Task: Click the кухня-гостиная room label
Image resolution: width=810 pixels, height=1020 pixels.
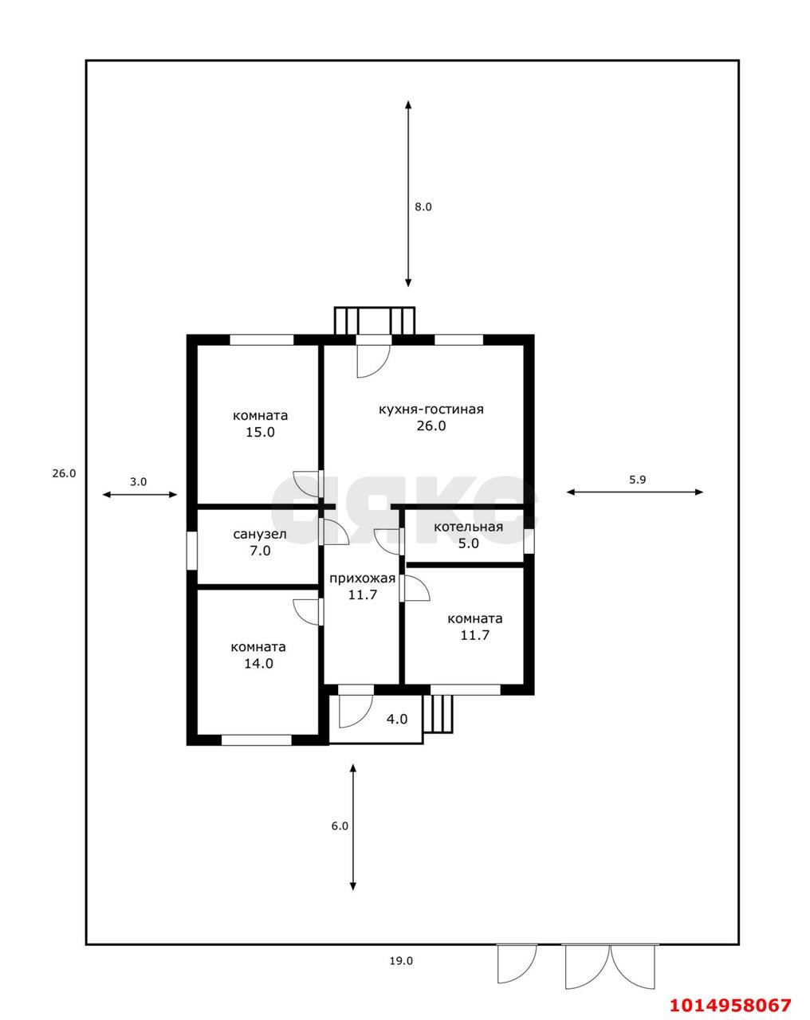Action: tap(431, 410)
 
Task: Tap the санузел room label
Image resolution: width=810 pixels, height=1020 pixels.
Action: tap(259, 534)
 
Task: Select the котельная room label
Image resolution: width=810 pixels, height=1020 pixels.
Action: tap(468, 527)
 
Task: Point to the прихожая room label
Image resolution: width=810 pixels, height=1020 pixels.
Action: tap(362, 579)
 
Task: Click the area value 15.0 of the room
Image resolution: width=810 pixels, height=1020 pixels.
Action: tap(260, 433)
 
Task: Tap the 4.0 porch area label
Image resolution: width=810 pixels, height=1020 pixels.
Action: tap(396, 719)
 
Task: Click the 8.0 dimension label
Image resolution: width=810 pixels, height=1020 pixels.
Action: tap(423, 206)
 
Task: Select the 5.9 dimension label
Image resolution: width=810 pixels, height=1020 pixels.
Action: tap(638, 480)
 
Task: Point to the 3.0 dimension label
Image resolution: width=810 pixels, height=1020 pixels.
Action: tap(138, 481)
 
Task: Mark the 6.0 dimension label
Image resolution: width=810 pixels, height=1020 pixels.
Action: tap(340, 826)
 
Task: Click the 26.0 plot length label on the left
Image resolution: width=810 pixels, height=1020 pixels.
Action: tap(64, 473)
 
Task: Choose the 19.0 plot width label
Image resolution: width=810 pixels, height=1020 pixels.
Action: tap(401, 960)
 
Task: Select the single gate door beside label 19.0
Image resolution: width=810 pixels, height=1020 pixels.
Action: tap(516, 963)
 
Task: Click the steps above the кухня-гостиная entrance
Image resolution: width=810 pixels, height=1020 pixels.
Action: tap(375, 320)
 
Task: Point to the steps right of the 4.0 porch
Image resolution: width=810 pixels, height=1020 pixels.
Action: tap(438, 713)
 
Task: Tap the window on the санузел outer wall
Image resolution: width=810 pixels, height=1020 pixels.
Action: tap(191, 550)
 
